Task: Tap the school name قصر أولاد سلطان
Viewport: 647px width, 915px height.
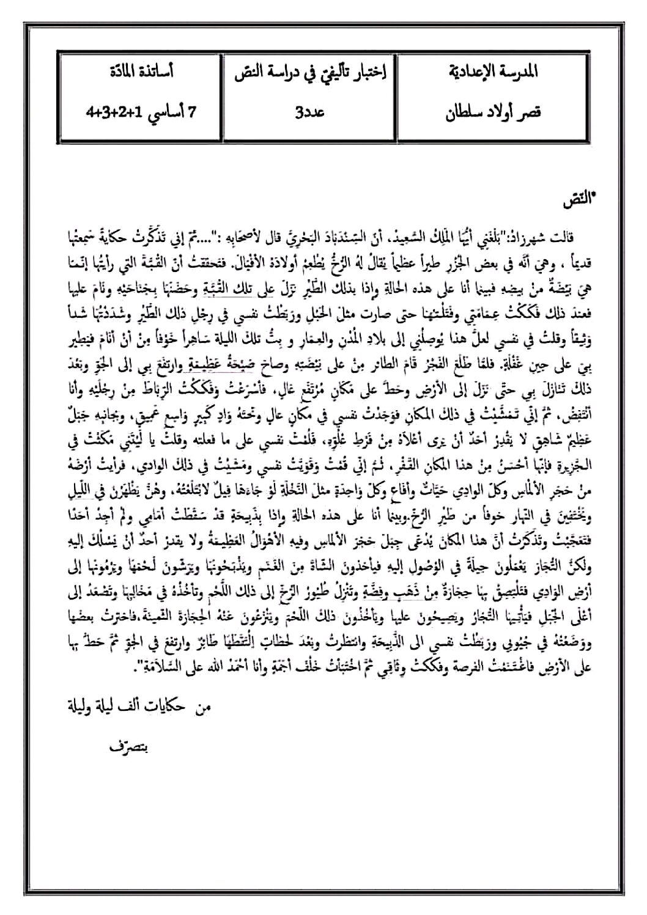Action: click(x=497, y=113)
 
